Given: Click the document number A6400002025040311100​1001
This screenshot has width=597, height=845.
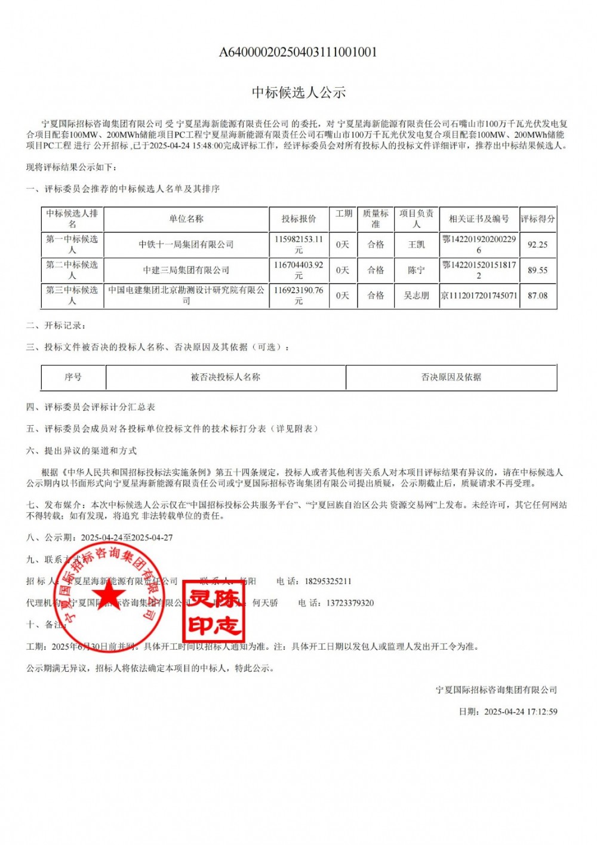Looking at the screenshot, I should (298, 52).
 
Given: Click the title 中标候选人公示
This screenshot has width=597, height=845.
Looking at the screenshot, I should (298, 92).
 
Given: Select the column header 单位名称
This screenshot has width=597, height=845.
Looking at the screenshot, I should (186, 219).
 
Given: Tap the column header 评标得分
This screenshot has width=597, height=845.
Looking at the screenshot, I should (537, 219).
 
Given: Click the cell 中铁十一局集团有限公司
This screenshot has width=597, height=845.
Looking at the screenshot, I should (186, 244).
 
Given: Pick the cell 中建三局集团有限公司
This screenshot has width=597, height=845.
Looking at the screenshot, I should (186, 270).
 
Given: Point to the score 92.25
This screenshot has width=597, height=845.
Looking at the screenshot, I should (537, 244).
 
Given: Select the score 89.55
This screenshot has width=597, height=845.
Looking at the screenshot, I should (537, 270).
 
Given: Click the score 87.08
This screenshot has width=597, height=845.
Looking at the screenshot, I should (537, 296).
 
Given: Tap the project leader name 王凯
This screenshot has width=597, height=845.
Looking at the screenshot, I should (417, 244).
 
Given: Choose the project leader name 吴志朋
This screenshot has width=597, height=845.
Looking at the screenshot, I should (417, 296).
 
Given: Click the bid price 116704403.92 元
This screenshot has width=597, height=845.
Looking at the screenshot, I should (298, 270).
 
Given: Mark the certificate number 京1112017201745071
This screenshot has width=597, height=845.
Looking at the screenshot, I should (479, 296).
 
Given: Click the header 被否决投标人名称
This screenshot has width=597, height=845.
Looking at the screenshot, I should (226, 377).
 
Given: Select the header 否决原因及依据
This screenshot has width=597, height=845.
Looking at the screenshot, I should (451, 377).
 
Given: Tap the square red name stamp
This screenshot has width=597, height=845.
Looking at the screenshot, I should (214, 610).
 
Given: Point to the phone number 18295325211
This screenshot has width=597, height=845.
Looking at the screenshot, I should (328, 581).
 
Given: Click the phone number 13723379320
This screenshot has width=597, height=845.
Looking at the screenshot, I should (350, 603).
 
